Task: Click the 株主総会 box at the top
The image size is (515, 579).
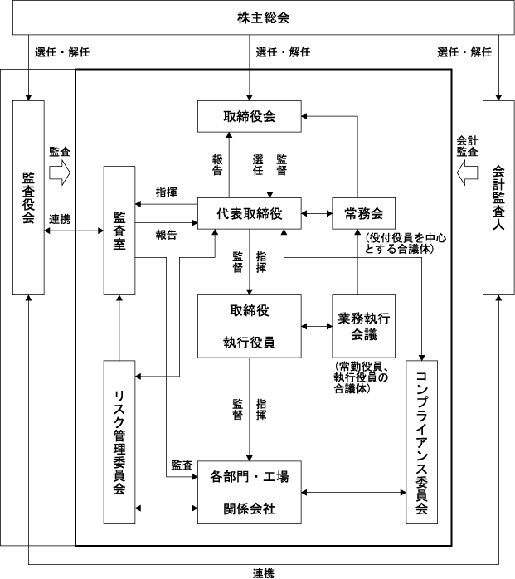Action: point(257,17)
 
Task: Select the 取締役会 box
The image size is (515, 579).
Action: point(250,116)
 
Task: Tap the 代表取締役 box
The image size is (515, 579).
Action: point(250,214)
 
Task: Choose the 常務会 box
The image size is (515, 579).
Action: point(362,214)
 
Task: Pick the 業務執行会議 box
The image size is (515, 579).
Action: point(362,325)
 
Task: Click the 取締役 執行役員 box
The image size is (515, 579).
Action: point(250,325)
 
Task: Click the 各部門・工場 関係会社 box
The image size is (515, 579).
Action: point(250,491)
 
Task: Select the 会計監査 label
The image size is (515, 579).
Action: point(467,146)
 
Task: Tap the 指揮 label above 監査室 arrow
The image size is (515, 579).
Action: point(166,192)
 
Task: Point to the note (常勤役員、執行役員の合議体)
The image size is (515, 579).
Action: point(362,377)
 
